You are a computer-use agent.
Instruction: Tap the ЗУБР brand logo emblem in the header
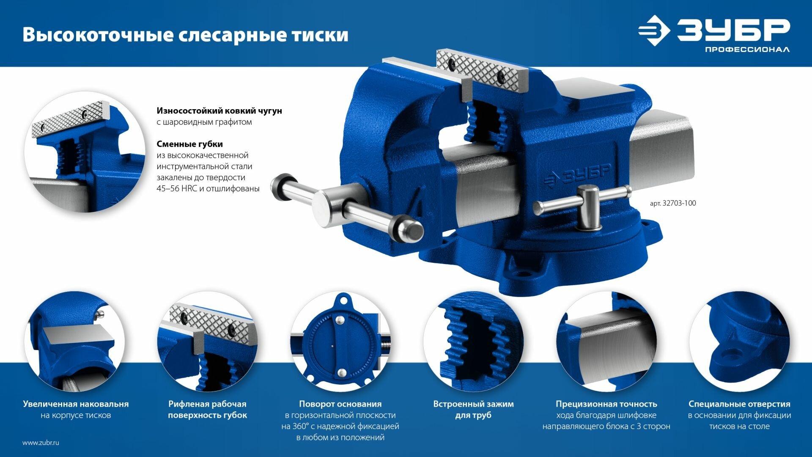pyautogui.click(x=654, y=30)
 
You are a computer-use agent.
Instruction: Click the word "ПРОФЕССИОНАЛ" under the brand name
pyautogui.click(x=747, y=50)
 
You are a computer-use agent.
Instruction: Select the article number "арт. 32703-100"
pyautogui.click(x=673, y=203)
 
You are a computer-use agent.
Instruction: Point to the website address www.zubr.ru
pyautogui.click(x=41, y=443)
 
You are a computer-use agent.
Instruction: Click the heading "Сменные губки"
pyautogui.click(x=189, y=144)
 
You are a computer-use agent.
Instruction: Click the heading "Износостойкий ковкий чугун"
pyautogui.click(x=219, y=111)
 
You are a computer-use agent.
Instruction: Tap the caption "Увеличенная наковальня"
pyautogui.click(x=76, y=404)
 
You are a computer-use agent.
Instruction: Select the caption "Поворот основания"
pyautogui.click(x=340, y=404)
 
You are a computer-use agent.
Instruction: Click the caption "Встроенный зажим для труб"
pyautogui.click(x=473, y=410)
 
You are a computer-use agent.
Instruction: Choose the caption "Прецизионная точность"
pyautogui.click(x=606, y=404)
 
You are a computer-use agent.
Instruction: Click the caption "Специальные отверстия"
pyautogui.click(x=739, y=404)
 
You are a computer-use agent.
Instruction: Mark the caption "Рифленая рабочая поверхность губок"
pyautogui.click(x=207, y=410)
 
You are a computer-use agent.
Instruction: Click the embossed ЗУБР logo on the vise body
pyautogui.click(x=577, y=174)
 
